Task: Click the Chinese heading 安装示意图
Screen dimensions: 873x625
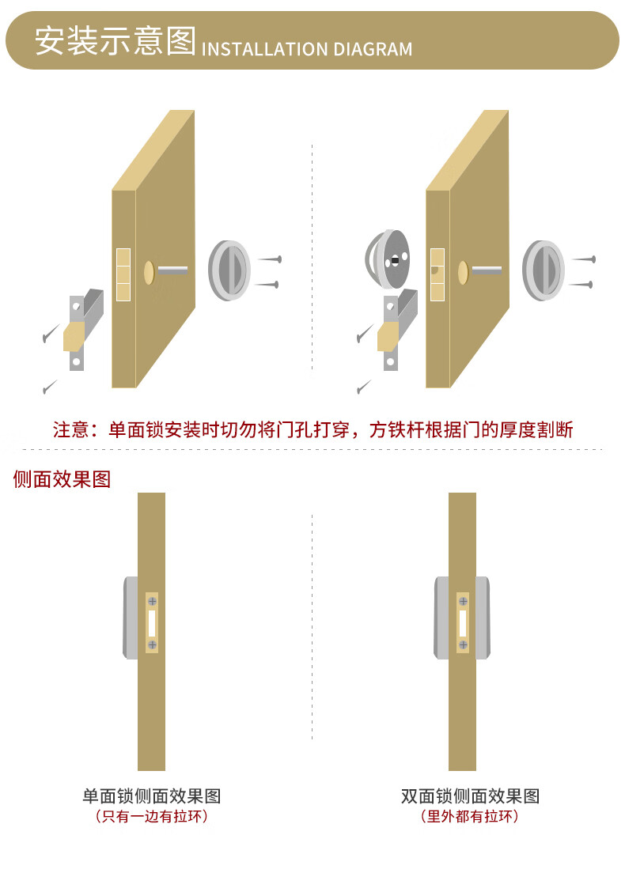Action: pyautogui.click(x=115, y=41)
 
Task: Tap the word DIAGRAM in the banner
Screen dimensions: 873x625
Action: pyautogui.click(x=373, y=50)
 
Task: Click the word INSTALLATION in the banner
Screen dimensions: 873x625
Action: pyautogui.click(x=264, y=50)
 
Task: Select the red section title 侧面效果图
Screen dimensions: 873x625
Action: pyautogui.click(x=62, y=479)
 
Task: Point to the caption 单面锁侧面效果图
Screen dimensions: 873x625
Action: pyautogui.click(x=151, y=796)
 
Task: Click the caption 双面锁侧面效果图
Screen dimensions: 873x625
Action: pyautogui.click(x=470, y=796)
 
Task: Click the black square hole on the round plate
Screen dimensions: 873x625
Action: pyautogui.click(x=395, y=259)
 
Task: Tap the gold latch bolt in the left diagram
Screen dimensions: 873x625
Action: pyautogui.click(x=74, y=336)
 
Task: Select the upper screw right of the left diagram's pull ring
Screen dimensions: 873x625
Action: pyautogui.click(x=270, y=259)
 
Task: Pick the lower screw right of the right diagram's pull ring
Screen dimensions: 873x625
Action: pyautogui.click(x=582, y=284)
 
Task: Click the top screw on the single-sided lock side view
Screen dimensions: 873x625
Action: pyautogui.click(x=152, y=603)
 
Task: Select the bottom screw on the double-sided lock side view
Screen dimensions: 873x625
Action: pyautogui.click(x=463, y=645)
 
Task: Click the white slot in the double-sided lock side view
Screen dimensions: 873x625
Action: pyautogui.click(x=463, y=624)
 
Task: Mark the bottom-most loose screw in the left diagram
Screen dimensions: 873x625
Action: pyautogui.click(x=50, y=387)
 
